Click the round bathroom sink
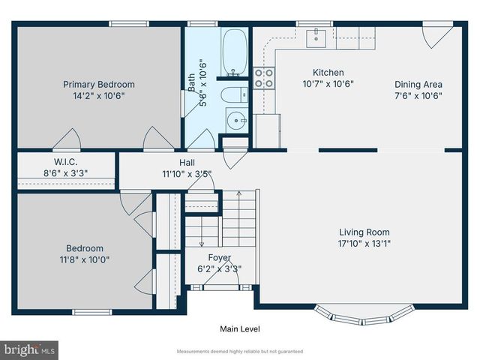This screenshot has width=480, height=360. pyautogui.click(x=238, y=119)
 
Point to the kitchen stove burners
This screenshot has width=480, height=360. pyautogui.click(x=264, y=78)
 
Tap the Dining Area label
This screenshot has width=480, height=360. pyautogui.click(x=418, y=85)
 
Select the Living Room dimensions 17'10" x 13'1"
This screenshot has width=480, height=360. pyautogui.click(x=364, y=243)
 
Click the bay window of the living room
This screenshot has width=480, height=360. pyautogui.click(x=364, y=314)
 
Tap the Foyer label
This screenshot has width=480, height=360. pyautogui.click(x=219, y=258)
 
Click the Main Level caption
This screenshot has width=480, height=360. pyautogui.click(x=239, y=328)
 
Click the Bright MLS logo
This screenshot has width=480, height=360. pyautogui.click(x=30, y=349)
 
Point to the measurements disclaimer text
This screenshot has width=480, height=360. pyautogui.click(x=239, y=351)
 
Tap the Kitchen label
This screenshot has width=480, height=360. pyautogui.click(x=328, y=73)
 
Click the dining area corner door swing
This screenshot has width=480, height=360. pyautogui.click(x=437, y=37)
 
